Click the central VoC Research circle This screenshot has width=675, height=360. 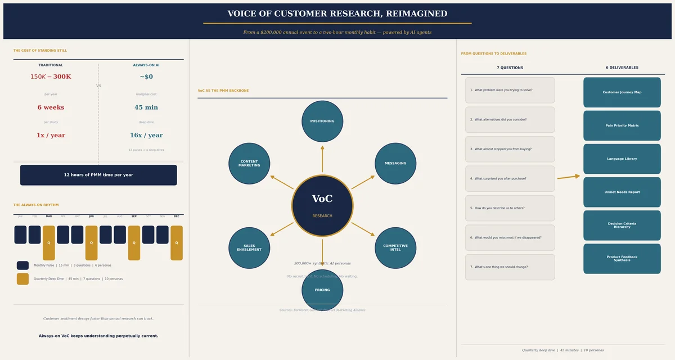[x=322, y=205]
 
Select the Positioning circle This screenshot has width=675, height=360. [x=322, y=121]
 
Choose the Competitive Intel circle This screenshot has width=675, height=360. [x=395, y=247]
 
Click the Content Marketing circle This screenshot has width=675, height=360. [x=249, y=163]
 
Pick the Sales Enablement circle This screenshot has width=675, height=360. [x=249, y=247]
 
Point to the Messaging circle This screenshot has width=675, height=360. [x=395, y=163]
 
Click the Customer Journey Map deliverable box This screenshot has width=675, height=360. [x=622, y=92]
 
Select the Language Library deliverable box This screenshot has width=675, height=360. [x=622, y=159]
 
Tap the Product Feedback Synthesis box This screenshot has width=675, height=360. [x=622, y=259]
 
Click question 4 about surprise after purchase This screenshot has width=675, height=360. [x=510, y=178]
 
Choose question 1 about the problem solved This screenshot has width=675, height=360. [x=510, y=90]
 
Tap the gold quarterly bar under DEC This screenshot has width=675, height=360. [x=177, y=242]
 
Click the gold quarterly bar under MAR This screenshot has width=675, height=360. [x=49, y=242]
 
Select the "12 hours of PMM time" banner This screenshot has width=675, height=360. [x=98, y=175]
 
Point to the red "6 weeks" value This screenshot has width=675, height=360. [x=51, y=107]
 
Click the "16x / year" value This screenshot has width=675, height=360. [x=146, y=136]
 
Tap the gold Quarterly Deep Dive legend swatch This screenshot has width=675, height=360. [x=22, y=278]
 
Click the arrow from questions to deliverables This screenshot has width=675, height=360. [x=569, y=177]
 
